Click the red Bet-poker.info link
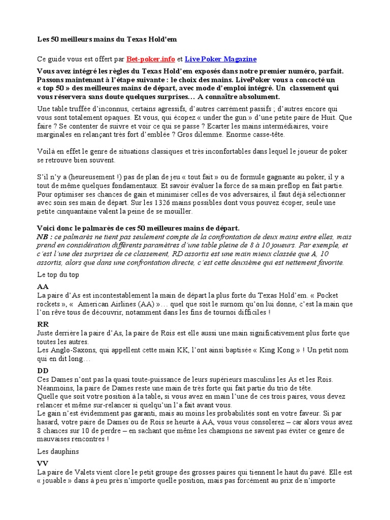(x=154, y=59)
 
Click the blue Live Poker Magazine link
(x=220, y=59)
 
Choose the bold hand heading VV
(x=43, y=463)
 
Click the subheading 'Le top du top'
(x=58, y=274)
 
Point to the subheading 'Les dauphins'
(x=57, y=451)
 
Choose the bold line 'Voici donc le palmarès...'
(x=138, y=229)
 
